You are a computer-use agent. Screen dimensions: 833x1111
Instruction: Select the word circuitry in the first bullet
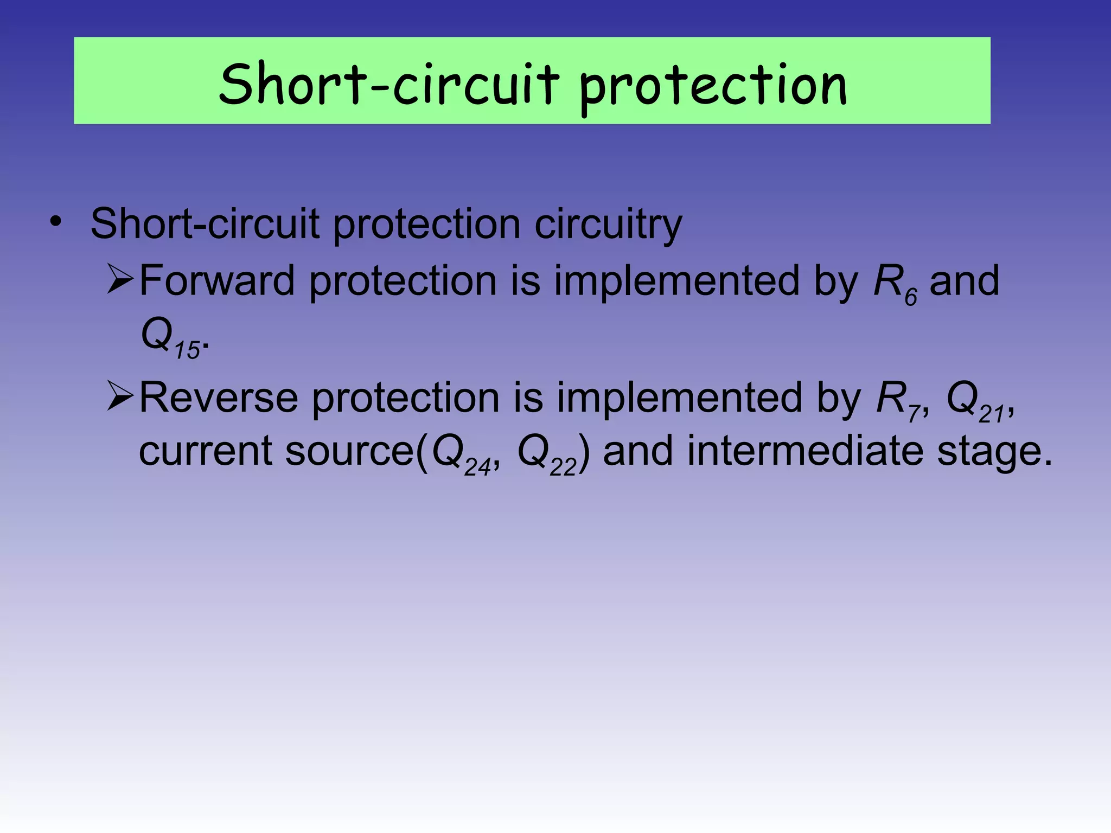click(x=608, y=225)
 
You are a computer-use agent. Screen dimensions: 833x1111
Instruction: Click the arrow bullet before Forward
click(x=120, y=280)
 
